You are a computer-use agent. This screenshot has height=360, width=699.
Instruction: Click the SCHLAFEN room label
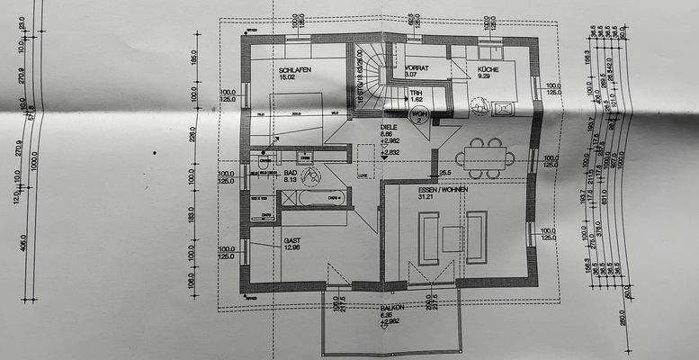295,69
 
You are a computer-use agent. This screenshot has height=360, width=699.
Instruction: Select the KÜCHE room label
489,68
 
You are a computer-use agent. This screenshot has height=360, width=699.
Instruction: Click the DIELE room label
390,128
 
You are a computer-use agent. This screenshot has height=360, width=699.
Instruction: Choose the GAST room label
292,241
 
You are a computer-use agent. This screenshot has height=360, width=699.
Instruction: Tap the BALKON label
391,307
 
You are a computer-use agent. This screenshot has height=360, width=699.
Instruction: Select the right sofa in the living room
476,237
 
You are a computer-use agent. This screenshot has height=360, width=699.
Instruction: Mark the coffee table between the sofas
453,238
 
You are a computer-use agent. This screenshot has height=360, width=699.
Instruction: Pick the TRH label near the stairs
416,93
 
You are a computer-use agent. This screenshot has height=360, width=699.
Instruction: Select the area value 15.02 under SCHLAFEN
288,77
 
